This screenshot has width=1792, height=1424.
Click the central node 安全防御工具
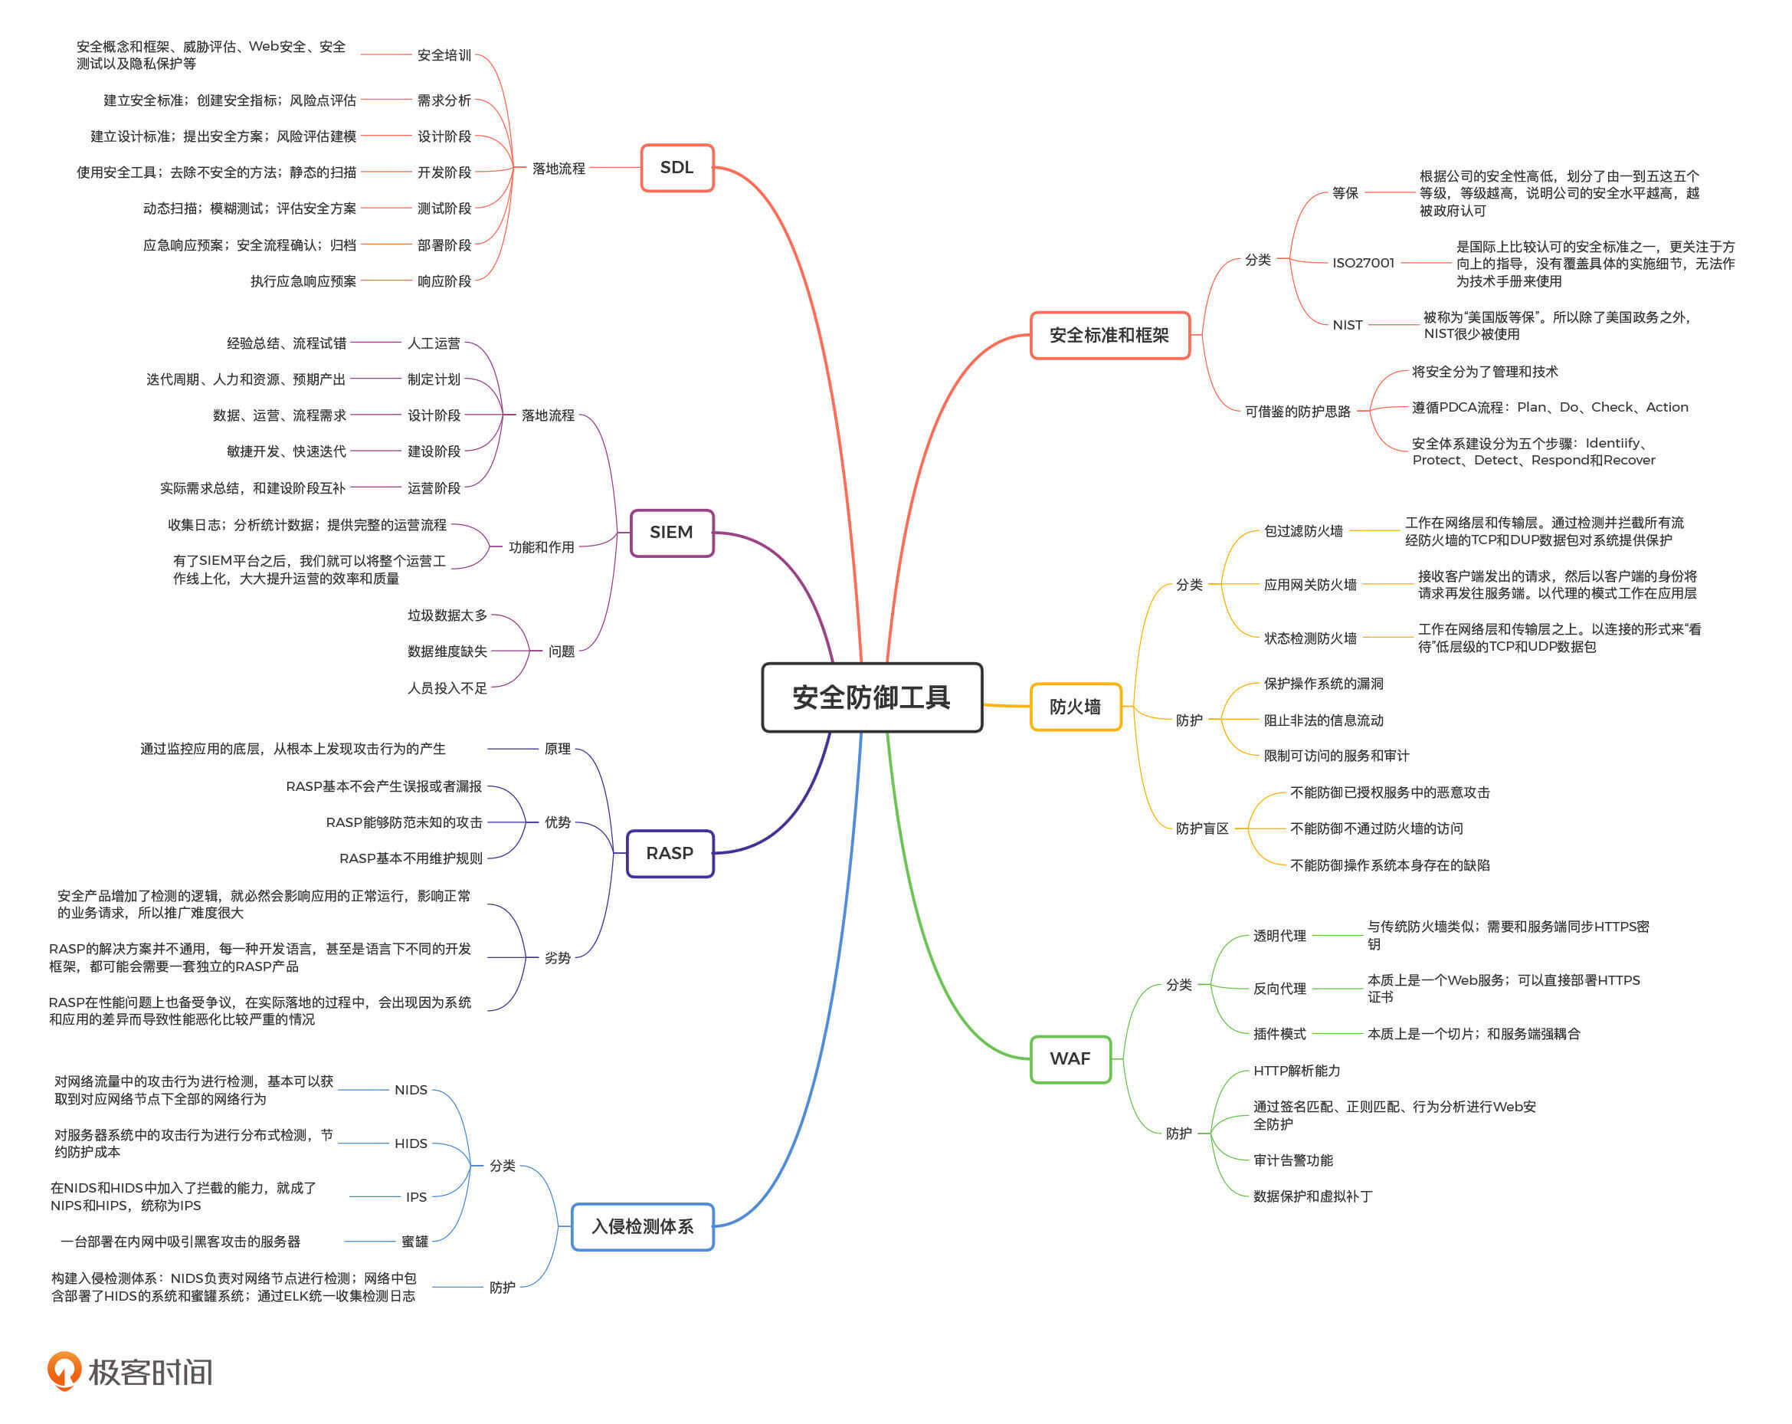tap(871, 697)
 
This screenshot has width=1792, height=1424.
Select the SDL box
tap(677, 167)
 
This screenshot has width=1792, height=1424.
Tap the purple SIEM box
tap(670, 532)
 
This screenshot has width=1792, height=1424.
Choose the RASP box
tap(669, 853)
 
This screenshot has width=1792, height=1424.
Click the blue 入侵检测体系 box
tap(642, 1226)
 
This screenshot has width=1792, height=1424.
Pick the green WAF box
tap(1070, 1058)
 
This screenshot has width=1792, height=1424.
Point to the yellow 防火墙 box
tap(1075, 707)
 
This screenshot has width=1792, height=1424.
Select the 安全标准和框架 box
tap(1109, 335)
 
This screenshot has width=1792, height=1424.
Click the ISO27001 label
tap(1363, 263)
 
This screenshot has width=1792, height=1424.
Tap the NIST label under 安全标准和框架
tap(1348, 325)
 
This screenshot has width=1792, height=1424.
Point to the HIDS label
tap(411, 1143)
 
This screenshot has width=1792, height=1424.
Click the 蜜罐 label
tap(414, 1241)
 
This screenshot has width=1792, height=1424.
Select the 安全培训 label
tap(444, 55)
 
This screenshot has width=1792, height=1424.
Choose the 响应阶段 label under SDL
tap(444, 281)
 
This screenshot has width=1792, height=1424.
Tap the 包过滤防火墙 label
tap(1303, 530)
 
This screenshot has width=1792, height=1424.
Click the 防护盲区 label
tap(1202, 828)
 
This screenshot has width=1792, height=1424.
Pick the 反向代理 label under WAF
tap(1279, 989)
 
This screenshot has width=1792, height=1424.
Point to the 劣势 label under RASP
tap(557, 958)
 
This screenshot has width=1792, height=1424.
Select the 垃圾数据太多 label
tap(447, 615)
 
